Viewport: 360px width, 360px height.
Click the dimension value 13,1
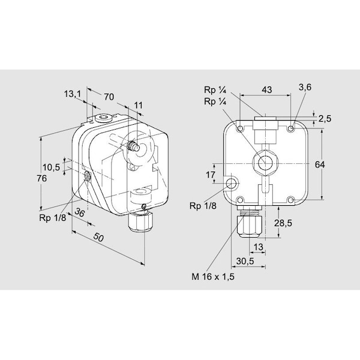[72, 94]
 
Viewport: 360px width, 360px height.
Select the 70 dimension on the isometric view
[109, 96]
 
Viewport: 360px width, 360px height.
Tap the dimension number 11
[139, 106]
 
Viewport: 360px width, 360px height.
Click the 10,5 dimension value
[51, 167]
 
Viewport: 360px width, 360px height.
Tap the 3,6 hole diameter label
[305, 88]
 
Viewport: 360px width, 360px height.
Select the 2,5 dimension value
[325, 118]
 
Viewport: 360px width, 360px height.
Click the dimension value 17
[210, 175]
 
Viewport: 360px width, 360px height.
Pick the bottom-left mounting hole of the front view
[239, 200]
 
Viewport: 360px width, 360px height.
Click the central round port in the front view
[265, 161]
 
